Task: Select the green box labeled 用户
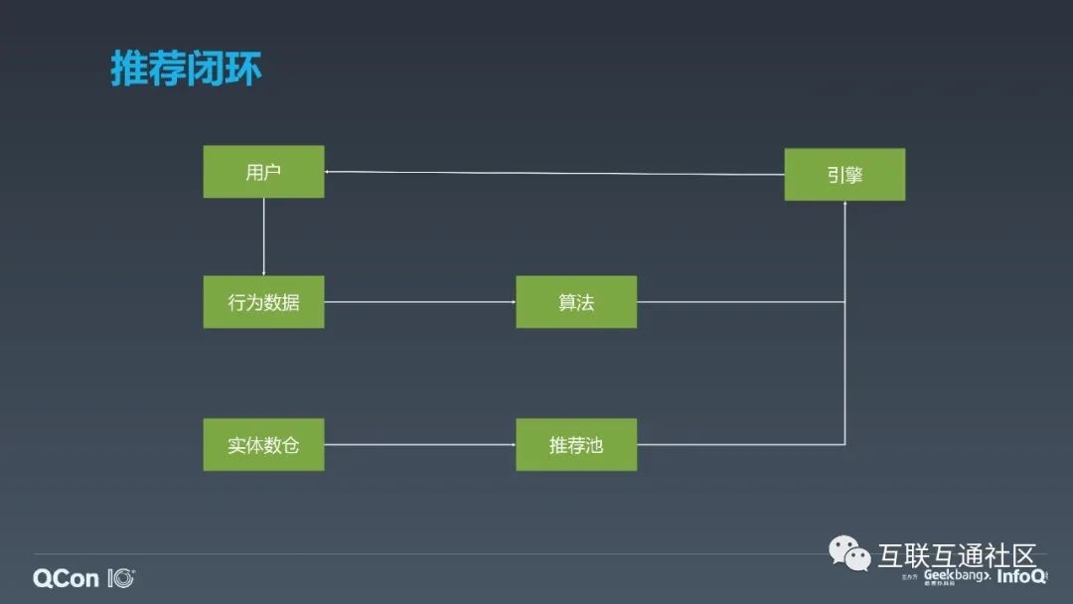pos(263,172)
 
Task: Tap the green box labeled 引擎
pos(844,175)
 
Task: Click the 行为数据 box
pos(263,302)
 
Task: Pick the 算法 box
pos(576,302)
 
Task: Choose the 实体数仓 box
pos(263,445)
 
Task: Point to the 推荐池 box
pos(576,445)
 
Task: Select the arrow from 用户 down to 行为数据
pos(263,236)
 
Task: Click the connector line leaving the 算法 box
pos(740,302)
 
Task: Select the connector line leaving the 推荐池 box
pos(740,445)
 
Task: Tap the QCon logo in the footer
pos(83,578)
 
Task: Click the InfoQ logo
pos(1020,576)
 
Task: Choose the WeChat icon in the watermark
pos(850,552)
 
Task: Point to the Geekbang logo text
pos(956,575)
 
